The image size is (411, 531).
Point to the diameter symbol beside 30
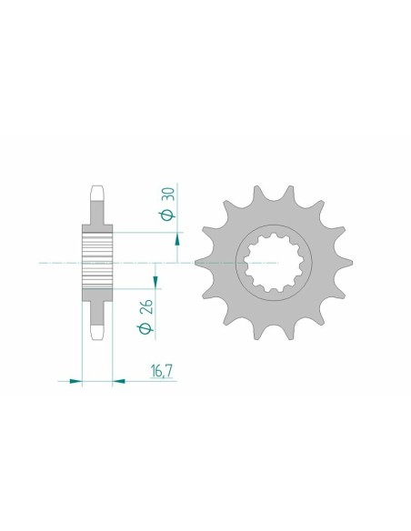(168, 215)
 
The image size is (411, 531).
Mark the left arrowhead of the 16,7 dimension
(76, 382)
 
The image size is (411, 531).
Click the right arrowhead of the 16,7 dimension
(118, 382)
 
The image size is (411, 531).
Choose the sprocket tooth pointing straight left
(205, 261)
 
